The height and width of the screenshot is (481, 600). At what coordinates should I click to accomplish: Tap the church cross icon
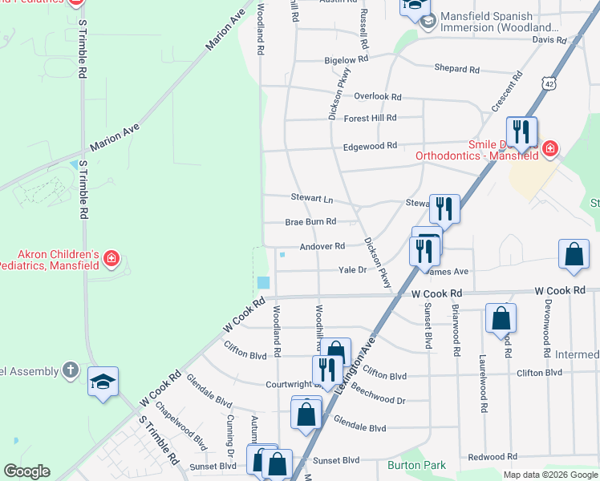[x=71, y=370]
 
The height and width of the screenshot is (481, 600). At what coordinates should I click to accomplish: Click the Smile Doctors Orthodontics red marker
[x=549, y=148]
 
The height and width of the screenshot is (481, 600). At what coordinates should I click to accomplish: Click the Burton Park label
[x=416, y=465]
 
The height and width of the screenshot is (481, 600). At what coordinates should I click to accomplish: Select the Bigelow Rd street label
[x=346, y=60]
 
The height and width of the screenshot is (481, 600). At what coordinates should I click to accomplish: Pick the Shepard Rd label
[x=456, y=69]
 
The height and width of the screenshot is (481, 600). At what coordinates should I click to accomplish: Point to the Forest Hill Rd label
[x=370, y=118]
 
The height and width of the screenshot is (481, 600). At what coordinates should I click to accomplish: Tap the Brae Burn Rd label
[x=310, y=222]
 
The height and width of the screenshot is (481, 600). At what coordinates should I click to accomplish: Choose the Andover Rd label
[x=322, y=247]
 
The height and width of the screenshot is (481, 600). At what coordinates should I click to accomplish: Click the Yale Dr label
[x=352, y=270]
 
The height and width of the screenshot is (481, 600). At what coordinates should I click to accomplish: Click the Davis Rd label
[x=549, y=39]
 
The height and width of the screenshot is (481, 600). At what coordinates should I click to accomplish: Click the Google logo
[x=27, y=471]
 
